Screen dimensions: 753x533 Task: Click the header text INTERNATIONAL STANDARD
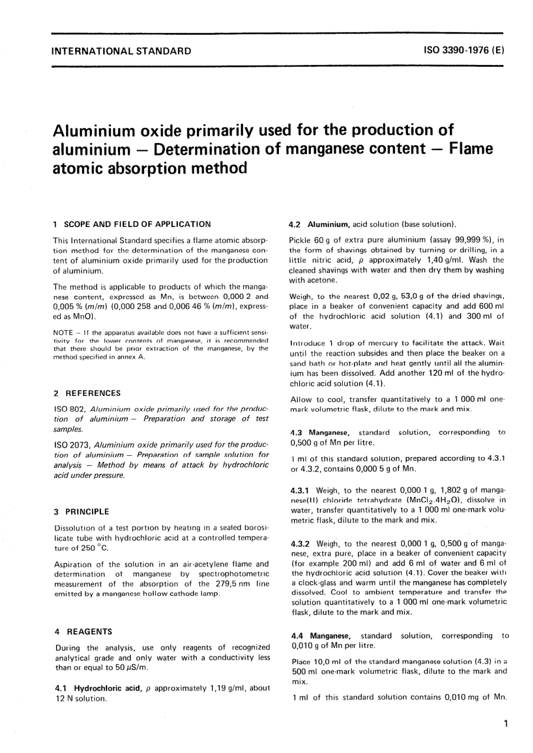click(121, 51)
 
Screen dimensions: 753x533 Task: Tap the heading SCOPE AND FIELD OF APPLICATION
click(137, 224)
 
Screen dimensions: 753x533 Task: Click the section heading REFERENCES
click(93, 393)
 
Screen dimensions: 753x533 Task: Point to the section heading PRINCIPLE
click(88, 511)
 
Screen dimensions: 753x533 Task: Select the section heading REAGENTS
click(89, 631)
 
